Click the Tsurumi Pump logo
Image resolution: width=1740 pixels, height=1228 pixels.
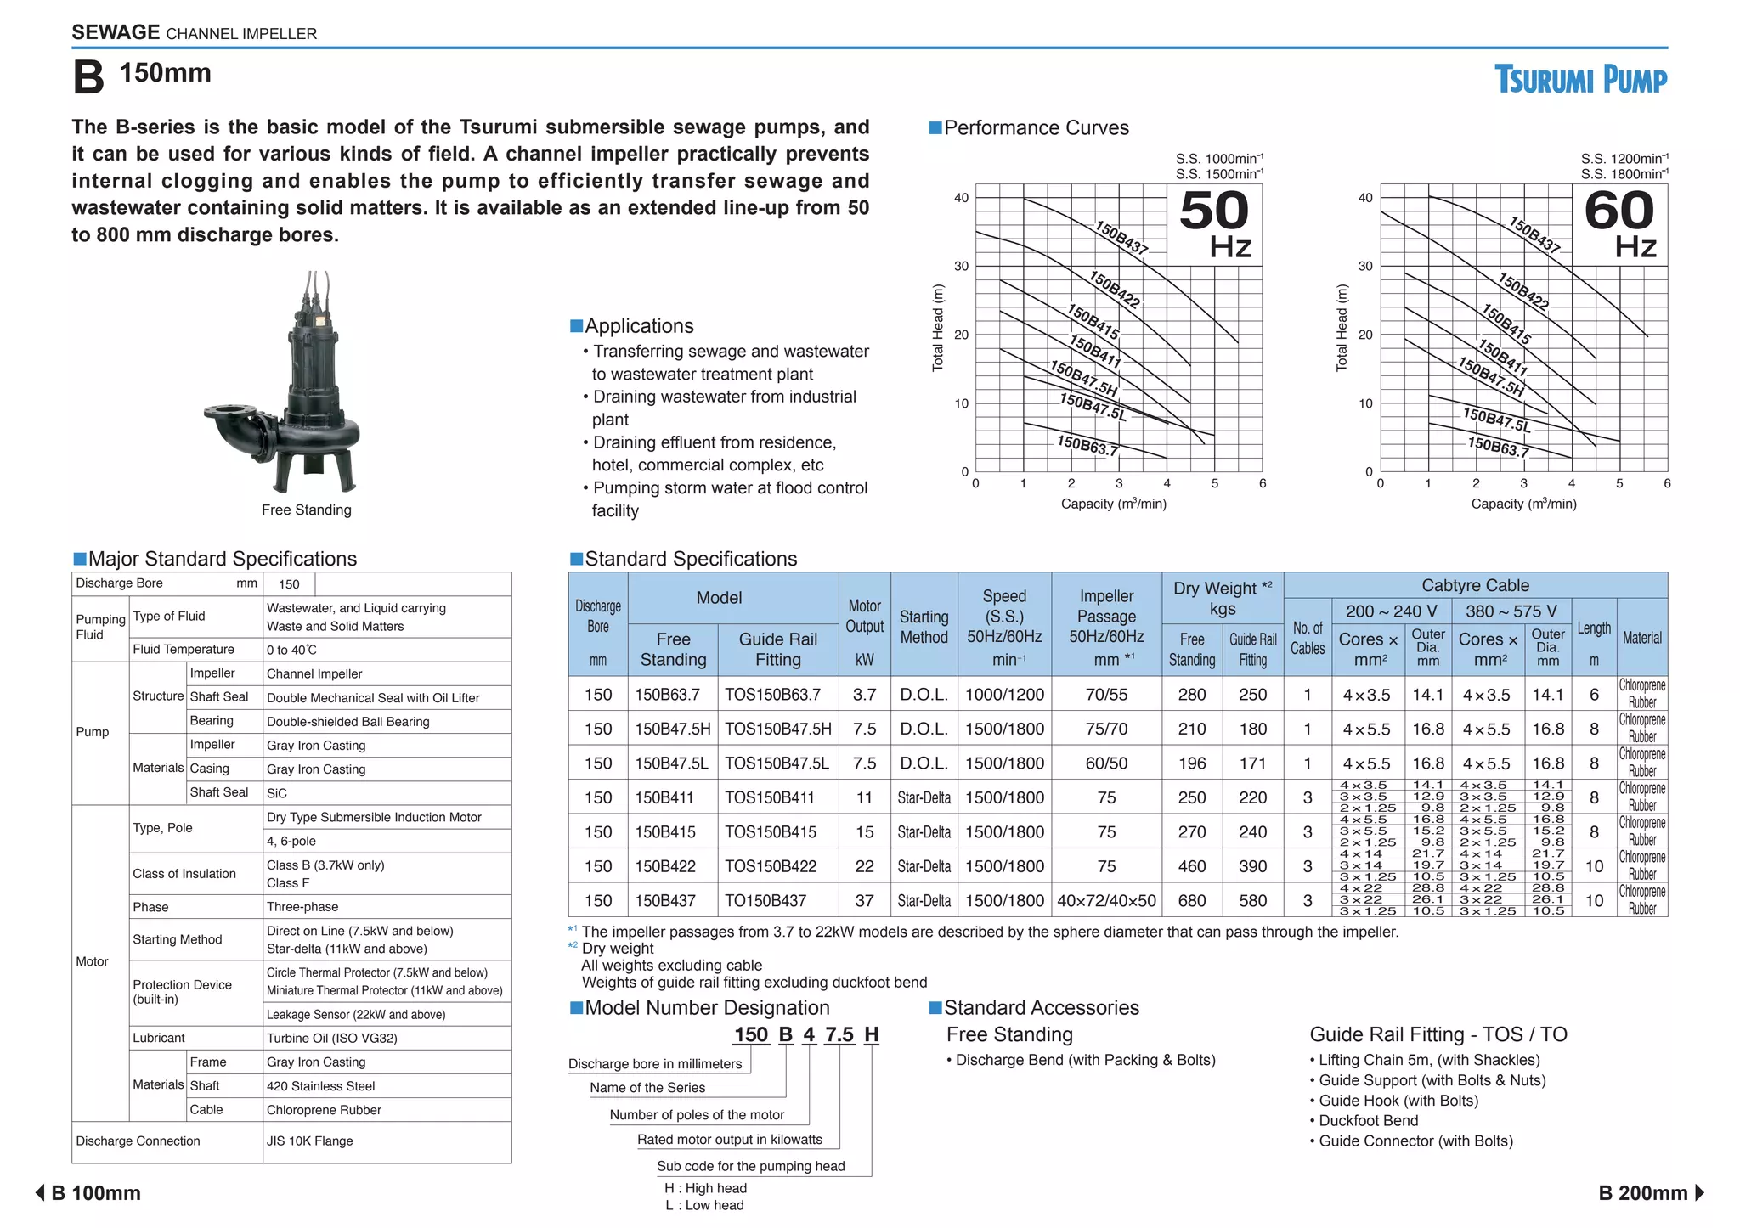1580,80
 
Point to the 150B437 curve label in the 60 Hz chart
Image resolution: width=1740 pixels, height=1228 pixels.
1534,235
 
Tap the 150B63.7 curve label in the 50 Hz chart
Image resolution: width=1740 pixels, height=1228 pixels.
1087,445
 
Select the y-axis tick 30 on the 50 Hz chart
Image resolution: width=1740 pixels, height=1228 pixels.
961,266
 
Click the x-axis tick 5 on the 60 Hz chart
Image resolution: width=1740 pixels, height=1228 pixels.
1619,483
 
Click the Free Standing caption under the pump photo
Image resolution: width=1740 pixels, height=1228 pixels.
306,510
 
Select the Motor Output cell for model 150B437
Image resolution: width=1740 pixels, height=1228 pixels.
864,900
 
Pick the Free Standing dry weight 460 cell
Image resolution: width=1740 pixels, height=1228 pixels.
1191,866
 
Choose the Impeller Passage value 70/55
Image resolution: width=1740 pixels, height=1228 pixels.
1106,695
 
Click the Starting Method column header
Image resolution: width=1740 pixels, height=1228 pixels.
924,627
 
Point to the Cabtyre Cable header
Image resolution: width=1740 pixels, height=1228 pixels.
1475,585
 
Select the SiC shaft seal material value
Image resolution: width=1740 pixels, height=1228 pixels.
277,793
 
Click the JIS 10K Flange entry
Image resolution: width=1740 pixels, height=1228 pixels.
309,1141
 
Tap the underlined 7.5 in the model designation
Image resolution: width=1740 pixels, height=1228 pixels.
839,1034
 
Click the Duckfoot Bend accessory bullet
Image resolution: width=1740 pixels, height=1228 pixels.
1368,1121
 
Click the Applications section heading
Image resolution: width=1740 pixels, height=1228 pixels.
638,326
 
